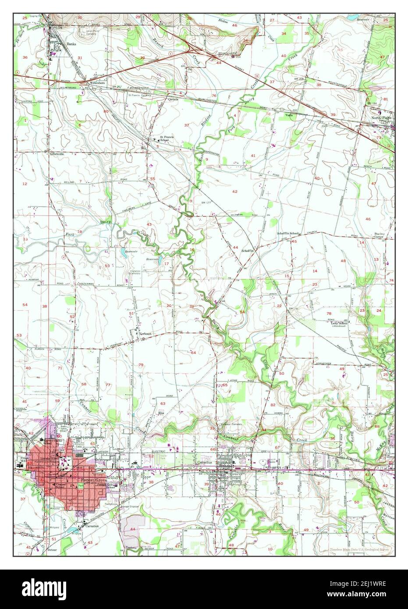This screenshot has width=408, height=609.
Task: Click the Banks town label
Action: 71,44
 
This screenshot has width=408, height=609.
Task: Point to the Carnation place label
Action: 92,525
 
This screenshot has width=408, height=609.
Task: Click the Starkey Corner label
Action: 379,235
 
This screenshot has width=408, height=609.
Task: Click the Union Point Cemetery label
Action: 91,31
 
